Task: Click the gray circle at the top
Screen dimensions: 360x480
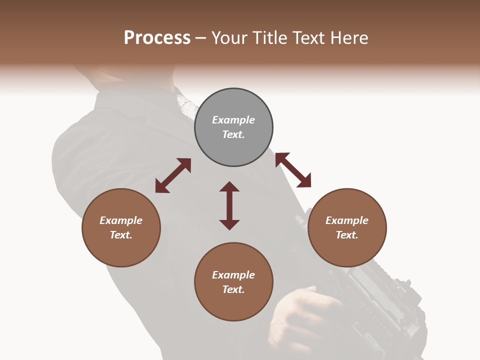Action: tap(233, 127)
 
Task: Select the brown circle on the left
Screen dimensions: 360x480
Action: tap(121, 227)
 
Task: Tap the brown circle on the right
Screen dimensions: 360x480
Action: tap(347, 227)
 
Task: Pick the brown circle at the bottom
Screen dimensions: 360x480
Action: tap(233, 282)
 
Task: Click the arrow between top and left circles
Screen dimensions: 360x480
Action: tap(173, 175)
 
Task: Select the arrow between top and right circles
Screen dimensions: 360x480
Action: tap(293, 170)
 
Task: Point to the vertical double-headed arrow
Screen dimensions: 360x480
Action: tap(229, 205)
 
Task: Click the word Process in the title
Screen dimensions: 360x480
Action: tap(157, 37)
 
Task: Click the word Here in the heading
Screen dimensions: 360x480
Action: tap(350, 37)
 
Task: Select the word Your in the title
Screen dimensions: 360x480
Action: tap(229, 37)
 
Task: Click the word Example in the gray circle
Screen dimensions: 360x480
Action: tap(233, 120)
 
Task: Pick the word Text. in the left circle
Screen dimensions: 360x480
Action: tap(121, 235)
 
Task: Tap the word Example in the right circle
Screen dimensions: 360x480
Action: tap(347, 220)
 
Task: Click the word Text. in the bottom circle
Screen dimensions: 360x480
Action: tap(233, 289)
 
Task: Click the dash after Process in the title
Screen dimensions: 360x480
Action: tap(201, 38)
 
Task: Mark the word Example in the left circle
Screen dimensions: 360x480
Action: tap(121, 220)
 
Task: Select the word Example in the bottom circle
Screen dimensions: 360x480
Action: tap(233, 275)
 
